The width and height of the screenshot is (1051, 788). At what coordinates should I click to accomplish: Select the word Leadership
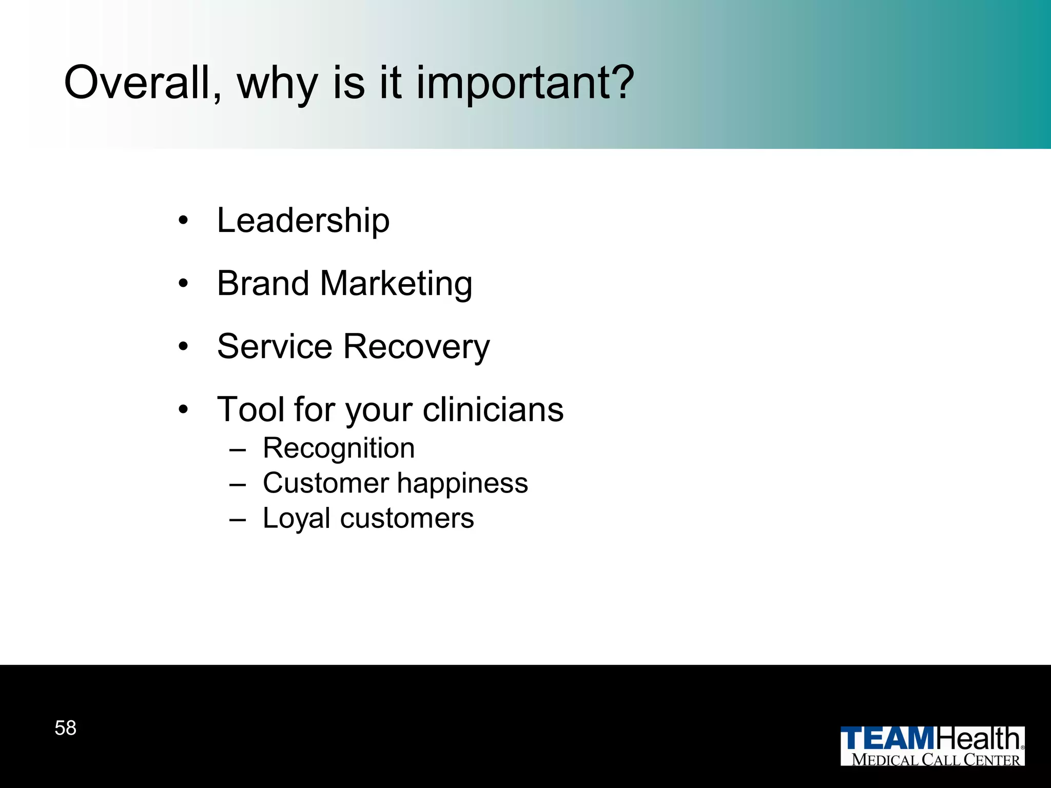pos(303,221)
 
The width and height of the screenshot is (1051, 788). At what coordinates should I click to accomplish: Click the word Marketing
pos(396,284)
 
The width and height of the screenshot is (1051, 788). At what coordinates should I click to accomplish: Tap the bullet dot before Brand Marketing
pos(183,284)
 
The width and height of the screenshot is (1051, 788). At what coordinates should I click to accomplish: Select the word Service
pos(275,346)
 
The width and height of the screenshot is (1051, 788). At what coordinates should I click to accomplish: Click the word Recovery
pos(416,348)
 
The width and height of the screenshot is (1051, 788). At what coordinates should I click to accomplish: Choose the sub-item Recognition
pos(339,448)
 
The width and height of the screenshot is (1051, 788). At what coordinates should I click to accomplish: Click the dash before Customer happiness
pos(238,484)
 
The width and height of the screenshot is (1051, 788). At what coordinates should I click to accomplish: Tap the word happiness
pos(462,484)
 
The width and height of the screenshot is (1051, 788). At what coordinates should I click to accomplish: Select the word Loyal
pos(296,519)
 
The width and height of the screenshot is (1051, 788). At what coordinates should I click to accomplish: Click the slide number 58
pos(65,728)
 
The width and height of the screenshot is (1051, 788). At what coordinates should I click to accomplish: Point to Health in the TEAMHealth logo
pos(979,739)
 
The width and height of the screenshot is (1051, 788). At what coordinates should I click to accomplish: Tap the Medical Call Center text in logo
pos(936,760)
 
